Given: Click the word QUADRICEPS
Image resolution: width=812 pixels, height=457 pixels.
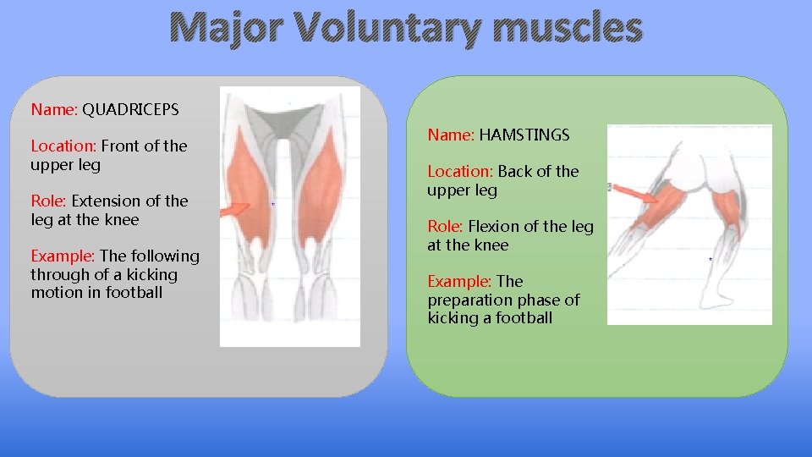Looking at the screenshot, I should (130, 109).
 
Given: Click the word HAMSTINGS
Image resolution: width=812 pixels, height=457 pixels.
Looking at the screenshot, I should (524, 135).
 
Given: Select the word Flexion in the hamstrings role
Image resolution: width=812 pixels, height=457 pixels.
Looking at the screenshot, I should (491, 226).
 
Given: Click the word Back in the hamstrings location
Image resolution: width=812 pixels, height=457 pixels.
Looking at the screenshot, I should (514, 171).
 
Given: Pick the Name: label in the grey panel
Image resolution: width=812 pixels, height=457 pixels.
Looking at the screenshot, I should (54, 109).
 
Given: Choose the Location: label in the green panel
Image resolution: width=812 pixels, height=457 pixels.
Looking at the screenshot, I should (460, 171).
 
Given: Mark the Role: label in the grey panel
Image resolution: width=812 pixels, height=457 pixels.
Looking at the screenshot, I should (49, 201).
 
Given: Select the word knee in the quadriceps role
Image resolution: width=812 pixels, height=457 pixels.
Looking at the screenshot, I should (122, 219).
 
